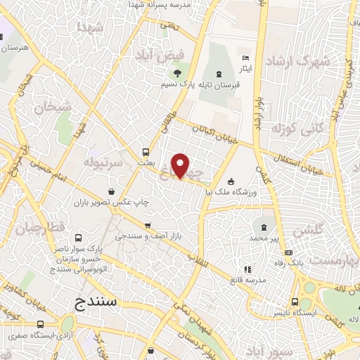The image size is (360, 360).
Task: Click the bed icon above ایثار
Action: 245,57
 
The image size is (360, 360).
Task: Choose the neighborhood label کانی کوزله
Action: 294,129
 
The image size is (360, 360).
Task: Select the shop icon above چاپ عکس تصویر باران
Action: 112,191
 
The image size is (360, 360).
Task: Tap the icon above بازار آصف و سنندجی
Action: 147,226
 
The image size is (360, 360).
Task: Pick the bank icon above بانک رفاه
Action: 286,254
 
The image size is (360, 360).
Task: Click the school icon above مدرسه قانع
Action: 246,269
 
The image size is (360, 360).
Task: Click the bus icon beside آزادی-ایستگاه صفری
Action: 40,325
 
